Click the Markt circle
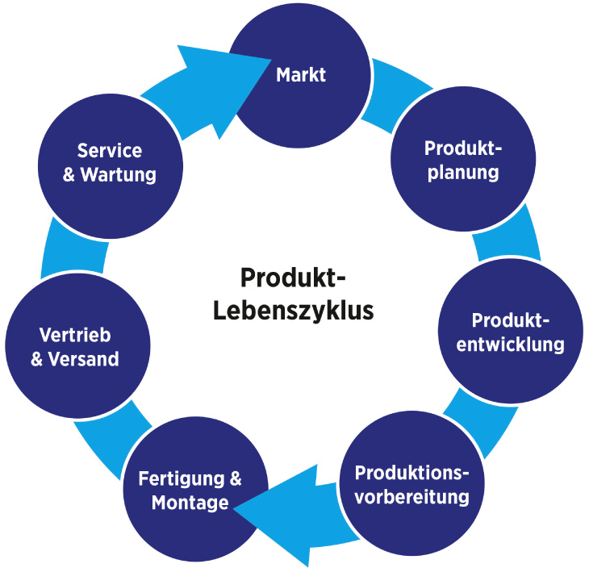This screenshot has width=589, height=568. point(300,75)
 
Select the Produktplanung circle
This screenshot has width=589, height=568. point(463,161)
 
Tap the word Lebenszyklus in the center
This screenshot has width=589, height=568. point(294,310)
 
